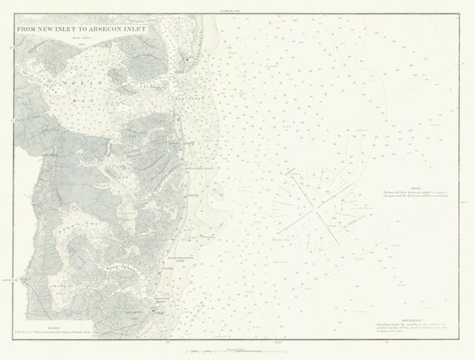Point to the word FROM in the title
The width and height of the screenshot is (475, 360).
point(27,27)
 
